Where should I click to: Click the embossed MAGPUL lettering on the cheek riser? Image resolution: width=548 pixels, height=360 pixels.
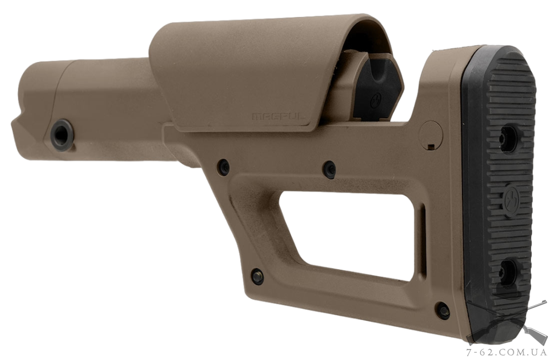[279, 116]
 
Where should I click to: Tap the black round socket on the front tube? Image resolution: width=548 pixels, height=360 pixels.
[62, 135]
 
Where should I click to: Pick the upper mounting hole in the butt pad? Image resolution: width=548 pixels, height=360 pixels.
[509, 139]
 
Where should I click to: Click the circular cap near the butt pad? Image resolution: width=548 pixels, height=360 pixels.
[431, 135]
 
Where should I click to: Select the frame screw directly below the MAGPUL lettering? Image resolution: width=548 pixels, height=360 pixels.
[329, 169]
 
